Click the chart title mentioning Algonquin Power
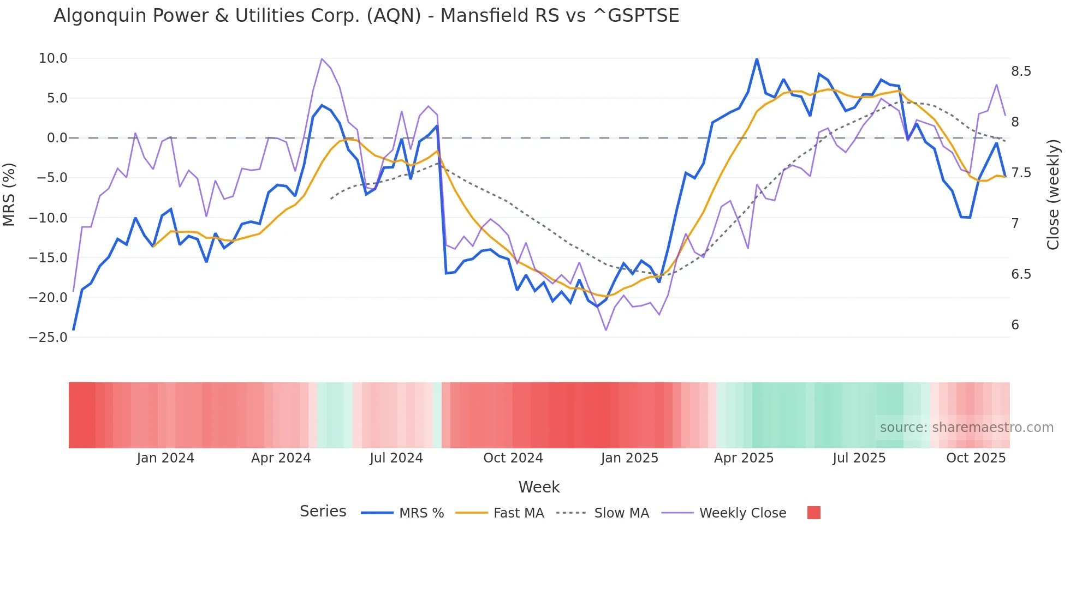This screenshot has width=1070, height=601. (366, 16)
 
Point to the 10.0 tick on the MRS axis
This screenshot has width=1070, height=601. (53, 58)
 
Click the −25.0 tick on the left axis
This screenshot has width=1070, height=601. (48, 338)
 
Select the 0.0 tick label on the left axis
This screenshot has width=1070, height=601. (57, 138)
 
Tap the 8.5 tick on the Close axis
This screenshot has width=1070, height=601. (1021, 71)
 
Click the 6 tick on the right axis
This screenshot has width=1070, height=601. (1015, 325)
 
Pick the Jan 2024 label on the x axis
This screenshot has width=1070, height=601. (165, 458)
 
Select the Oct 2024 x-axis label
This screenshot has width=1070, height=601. (513, 458)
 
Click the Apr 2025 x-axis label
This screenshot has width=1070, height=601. (744, 458)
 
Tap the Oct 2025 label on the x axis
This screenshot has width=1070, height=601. (976, 458)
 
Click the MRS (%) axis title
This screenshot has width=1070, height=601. (9, 195)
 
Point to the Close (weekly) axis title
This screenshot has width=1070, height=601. (1053, 195)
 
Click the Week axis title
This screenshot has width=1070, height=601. (539, 487)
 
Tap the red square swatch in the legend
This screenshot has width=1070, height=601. (813, 513)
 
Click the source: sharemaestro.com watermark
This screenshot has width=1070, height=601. (966, 428)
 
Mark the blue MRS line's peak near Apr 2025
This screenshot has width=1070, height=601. (757, 58)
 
